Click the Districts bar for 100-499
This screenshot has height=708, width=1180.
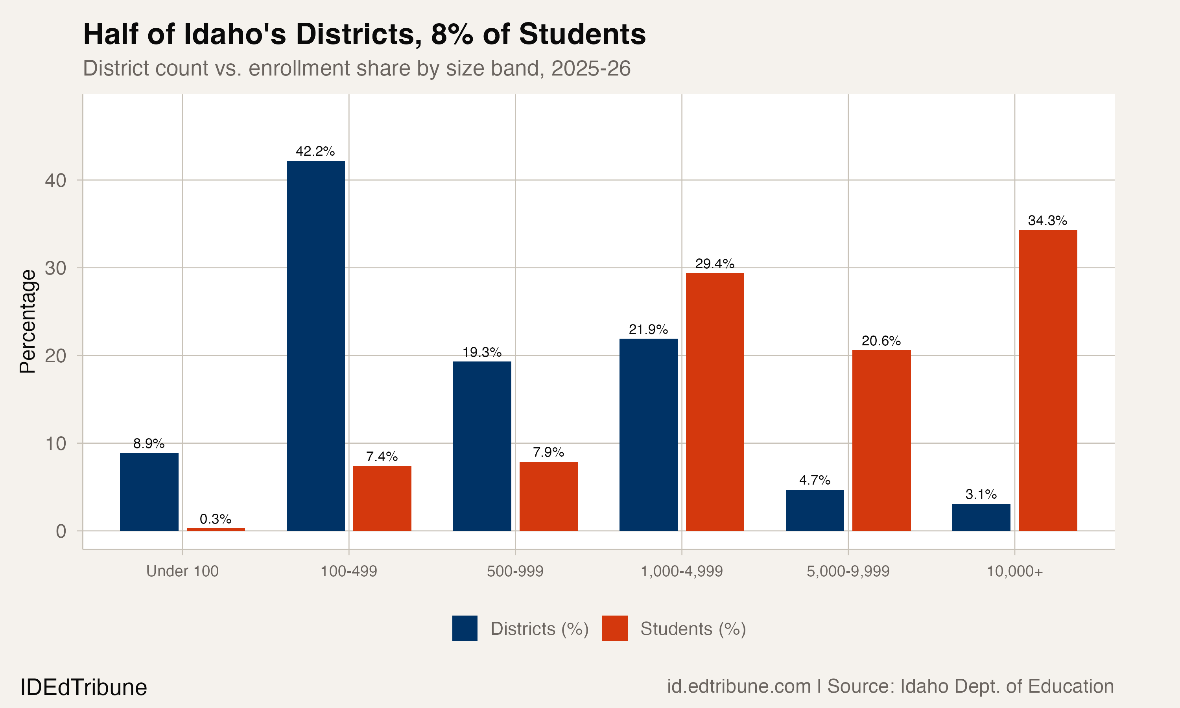315,346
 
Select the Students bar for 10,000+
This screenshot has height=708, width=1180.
1047,380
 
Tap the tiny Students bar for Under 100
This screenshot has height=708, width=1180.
216,529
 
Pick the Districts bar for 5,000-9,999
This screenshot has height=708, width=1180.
815,510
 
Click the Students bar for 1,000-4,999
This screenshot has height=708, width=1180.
714,402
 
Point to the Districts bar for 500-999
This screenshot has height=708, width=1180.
482,446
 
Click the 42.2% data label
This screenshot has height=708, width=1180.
315,152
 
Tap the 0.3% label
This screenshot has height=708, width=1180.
216,519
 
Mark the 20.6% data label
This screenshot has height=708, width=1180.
881,341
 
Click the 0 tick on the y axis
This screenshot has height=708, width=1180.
61,531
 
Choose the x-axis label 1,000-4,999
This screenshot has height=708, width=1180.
682,571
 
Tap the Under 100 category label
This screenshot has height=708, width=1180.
182,571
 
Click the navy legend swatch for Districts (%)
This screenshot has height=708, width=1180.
465,628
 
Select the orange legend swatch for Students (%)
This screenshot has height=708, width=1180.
614,628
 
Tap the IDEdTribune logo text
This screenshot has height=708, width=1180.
83,688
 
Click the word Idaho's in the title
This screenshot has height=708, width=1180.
235,34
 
